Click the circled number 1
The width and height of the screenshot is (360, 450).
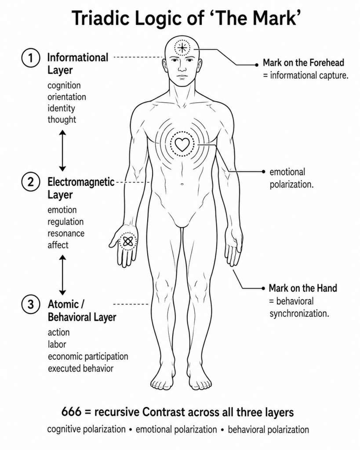pos(30,58)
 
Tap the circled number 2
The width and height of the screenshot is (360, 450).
pos(30,182)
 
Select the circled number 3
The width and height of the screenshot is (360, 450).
pos(30,304)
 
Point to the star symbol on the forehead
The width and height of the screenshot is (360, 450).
pos(182,47)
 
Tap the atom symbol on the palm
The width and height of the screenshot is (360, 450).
pos(128,242)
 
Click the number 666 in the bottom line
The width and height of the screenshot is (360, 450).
pos(71,412)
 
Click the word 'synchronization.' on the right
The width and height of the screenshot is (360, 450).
pos(299,313)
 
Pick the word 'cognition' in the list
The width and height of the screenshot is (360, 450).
pos(64,86)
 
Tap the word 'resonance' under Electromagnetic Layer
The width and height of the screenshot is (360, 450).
pos(66,233)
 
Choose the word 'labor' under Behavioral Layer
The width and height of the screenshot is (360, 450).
pos(57,344)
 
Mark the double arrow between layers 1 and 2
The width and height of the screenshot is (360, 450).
pos(62,150)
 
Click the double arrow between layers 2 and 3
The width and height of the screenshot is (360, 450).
pos(62,275)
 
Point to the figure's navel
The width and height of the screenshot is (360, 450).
pos(182,184)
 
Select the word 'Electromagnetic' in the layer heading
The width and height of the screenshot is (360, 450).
pos(81,182)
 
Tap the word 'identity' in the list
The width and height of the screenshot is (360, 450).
pos(61,109)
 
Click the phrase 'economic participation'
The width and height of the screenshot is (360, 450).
pos(88,357)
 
